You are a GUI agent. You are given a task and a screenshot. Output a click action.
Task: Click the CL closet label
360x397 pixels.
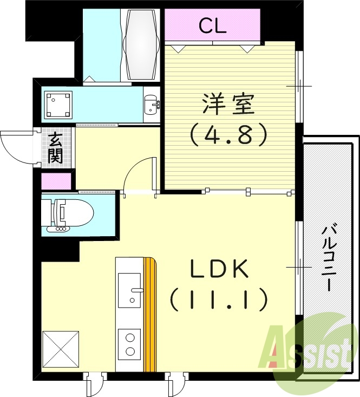tap(212, 25)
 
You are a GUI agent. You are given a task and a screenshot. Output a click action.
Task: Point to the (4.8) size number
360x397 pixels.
tap(228, 134)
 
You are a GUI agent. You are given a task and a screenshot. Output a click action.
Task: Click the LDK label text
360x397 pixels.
tap(219, 269)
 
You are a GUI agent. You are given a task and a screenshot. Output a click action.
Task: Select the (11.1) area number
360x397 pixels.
tap(219, 298)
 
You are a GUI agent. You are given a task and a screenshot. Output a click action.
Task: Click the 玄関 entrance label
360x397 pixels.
tap(55, 148)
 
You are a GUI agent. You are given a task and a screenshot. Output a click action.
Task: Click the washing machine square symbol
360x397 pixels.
tap(58, 105)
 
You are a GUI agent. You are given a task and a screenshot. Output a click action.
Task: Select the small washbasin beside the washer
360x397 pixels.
tap(151, 104)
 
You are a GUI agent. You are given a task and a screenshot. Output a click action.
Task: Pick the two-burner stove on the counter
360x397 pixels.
tap(130, 344)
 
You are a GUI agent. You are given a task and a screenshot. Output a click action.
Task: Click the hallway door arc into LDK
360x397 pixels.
tap(139, 174)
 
